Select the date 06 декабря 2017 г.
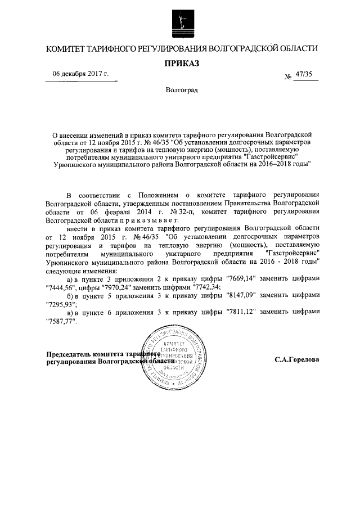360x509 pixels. pyautogui.click(x=81, y=74)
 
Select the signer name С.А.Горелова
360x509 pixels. pyautogui.click(x=297, y=359)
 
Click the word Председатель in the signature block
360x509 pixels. pyautogui.click(x=67, y=354)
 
